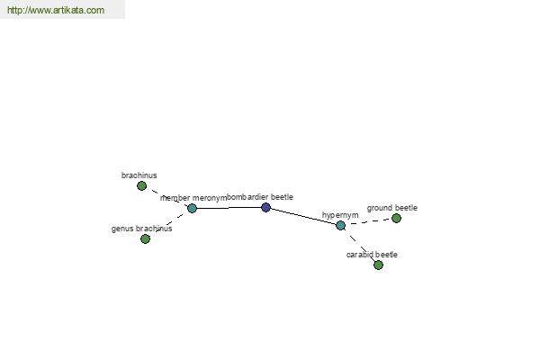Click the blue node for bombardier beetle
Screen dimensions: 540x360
pyautogui.click(x=265, y=207)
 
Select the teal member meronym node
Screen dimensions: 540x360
pyautogui.click(x=192, y=208)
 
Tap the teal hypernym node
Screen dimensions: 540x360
pyautogui.click(x=340, y=225)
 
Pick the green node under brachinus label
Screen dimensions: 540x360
pyautogui.click(x=141, y=186)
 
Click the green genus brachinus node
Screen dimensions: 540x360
pyautogui.click(x=145, y=238)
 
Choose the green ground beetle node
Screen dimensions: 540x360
pyautogui.click(x=396, y=218)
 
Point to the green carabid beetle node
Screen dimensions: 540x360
pyautogui.click(x=378, y=265)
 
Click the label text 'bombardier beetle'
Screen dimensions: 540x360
pyautogui.click(x=260, y=197)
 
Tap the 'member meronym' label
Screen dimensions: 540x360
pyautogui.click(x=193, y=198)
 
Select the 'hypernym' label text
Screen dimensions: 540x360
pyautogui.click(x=340, y=215)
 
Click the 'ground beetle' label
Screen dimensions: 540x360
pyautogui.click(x=391, y=208)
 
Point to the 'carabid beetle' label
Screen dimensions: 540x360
pyautogui.click(x=372, y=255)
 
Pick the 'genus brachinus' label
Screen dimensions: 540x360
pyautogui.click(x=141, y=229)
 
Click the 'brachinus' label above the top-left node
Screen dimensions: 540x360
pyautogui.click(x=139, y=175)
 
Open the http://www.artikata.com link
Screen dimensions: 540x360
pyautogui.click(x=56, y=10)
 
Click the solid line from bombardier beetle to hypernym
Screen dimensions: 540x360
pyautogui.click(x=303, y=217)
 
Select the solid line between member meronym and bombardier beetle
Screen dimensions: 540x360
pyautogui.click(x=229, y=208)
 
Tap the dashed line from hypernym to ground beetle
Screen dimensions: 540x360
pyautogui.click(x=368, y=221)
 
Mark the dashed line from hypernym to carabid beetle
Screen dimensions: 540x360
pyautogui.click(x=359, y=245)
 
